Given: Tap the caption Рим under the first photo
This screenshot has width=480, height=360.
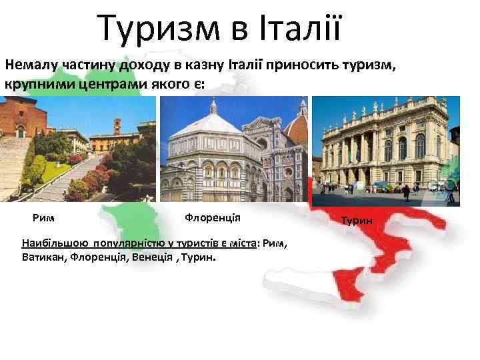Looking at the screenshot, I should [43, 217].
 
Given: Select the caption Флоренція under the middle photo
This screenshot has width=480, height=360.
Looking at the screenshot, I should [213, 218].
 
